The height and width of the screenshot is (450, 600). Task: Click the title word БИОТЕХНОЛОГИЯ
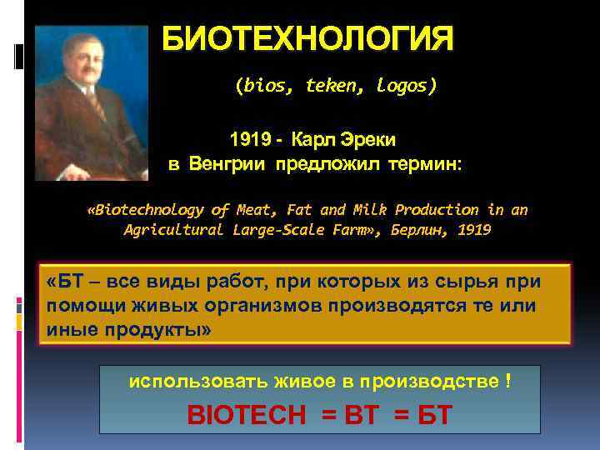point(308,39)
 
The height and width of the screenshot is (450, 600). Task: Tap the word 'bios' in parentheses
point(257,85)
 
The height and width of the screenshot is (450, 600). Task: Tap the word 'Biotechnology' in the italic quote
point(149,210)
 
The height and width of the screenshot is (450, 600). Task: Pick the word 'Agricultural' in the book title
point(172,230)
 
